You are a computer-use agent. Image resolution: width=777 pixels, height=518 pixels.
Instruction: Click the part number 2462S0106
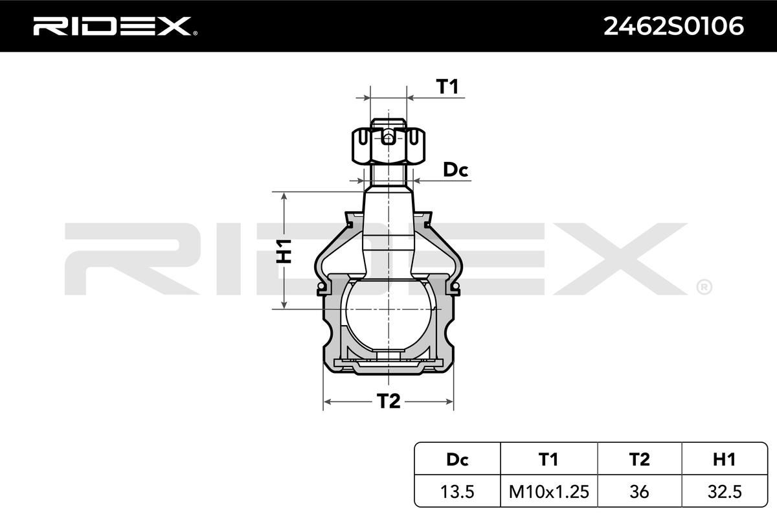tap(673, 26)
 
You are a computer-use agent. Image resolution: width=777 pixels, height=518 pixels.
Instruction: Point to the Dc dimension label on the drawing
tap(455, 170)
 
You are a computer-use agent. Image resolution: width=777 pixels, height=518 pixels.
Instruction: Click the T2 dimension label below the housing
tap(388, 401)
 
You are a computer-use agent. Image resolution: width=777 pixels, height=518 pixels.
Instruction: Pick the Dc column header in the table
tap(457, 460)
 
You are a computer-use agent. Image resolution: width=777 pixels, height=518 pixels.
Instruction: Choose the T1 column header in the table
tap(548, 460)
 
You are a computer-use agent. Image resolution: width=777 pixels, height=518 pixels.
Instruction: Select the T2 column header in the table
tap(639, 460)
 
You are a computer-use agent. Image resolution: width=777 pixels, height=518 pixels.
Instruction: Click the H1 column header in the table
tap(723, 460)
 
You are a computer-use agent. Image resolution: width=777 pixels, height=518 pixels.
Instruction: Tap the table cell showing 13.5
tap(457, 491)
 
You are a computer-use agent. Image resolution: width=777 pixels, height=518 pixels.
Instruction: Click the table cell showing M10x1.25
tap(548, 491)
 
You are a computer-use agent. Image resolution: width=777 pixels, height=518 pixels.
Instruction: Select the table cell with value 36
tap(639, 491)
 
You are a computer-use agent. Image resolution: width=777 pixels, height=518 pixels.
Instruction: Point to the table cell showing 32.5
tap(723, 491)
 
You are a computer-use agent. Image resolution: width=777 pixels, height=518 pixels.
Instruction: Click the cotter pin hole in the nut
tap(387, 137)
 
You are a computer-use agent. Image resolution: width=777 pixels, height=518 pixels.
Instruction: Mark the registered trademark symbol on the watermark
tap(704, 286)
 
